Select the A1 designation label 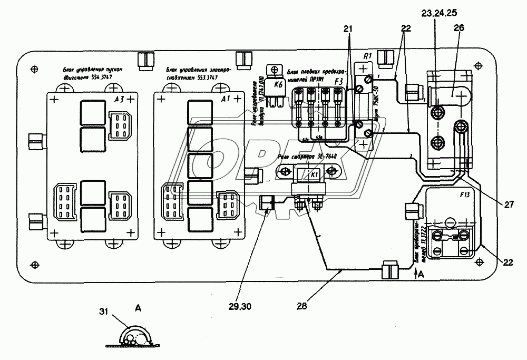pyautogui.click(x=225, y=99)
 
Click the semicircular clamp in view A pyautogui.click(x=134, y=336)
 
